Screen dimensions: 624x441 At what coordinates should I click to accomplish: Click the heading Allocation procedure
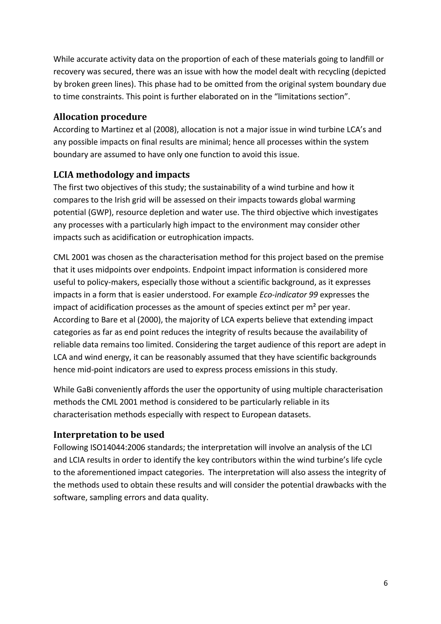100,117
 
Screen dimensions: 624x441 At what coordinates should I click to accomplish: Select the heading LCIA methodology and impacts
121,175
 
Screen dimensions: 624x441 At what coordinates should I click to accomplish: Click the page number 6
385,583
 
